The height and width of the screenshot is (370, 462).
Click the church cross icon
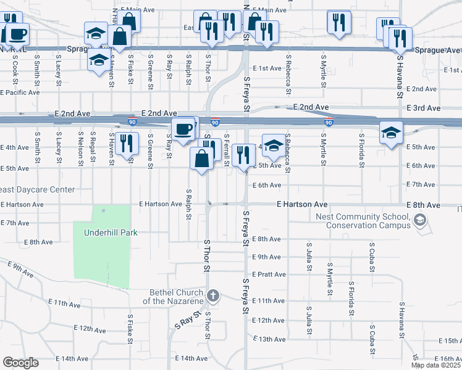[213, 295]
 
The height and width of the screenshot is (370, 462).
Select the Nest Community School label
[363, 221]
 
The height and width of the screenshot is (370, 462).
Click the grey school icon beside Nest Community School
[419, 220]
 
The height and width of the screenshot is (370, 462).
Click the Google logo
[20, 363]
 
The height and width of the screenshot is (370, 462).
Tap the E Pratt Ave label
[269, 274]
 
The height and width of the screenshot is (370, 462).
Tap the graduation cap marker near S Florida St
[390, 133]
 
